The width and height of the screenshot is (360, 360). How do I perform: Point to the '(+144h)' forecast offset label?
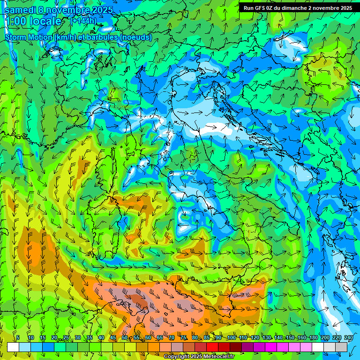coord(83,21)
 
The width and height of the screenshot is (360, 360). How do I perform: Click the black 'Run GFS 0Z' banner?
coord(298,8)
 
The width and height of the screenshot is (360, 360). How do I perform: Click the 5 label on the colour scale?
coord(18,338)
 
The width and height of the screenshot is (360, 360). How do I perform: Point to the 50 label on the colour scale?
coord(125,338)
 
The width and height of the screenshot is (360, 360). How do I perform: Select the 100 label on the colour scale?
coord(232,338)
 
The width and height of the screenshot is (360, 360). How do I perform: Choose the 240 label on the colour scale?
coord(349,338)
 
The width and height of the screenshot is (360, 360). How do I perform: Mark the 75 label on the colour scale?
coord(183,338)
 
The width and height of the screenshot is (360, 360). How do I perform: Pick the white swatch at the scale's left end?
coord(13,347)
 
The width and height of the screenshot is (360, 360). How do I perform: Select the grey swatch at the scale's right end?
coord(341,347)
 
